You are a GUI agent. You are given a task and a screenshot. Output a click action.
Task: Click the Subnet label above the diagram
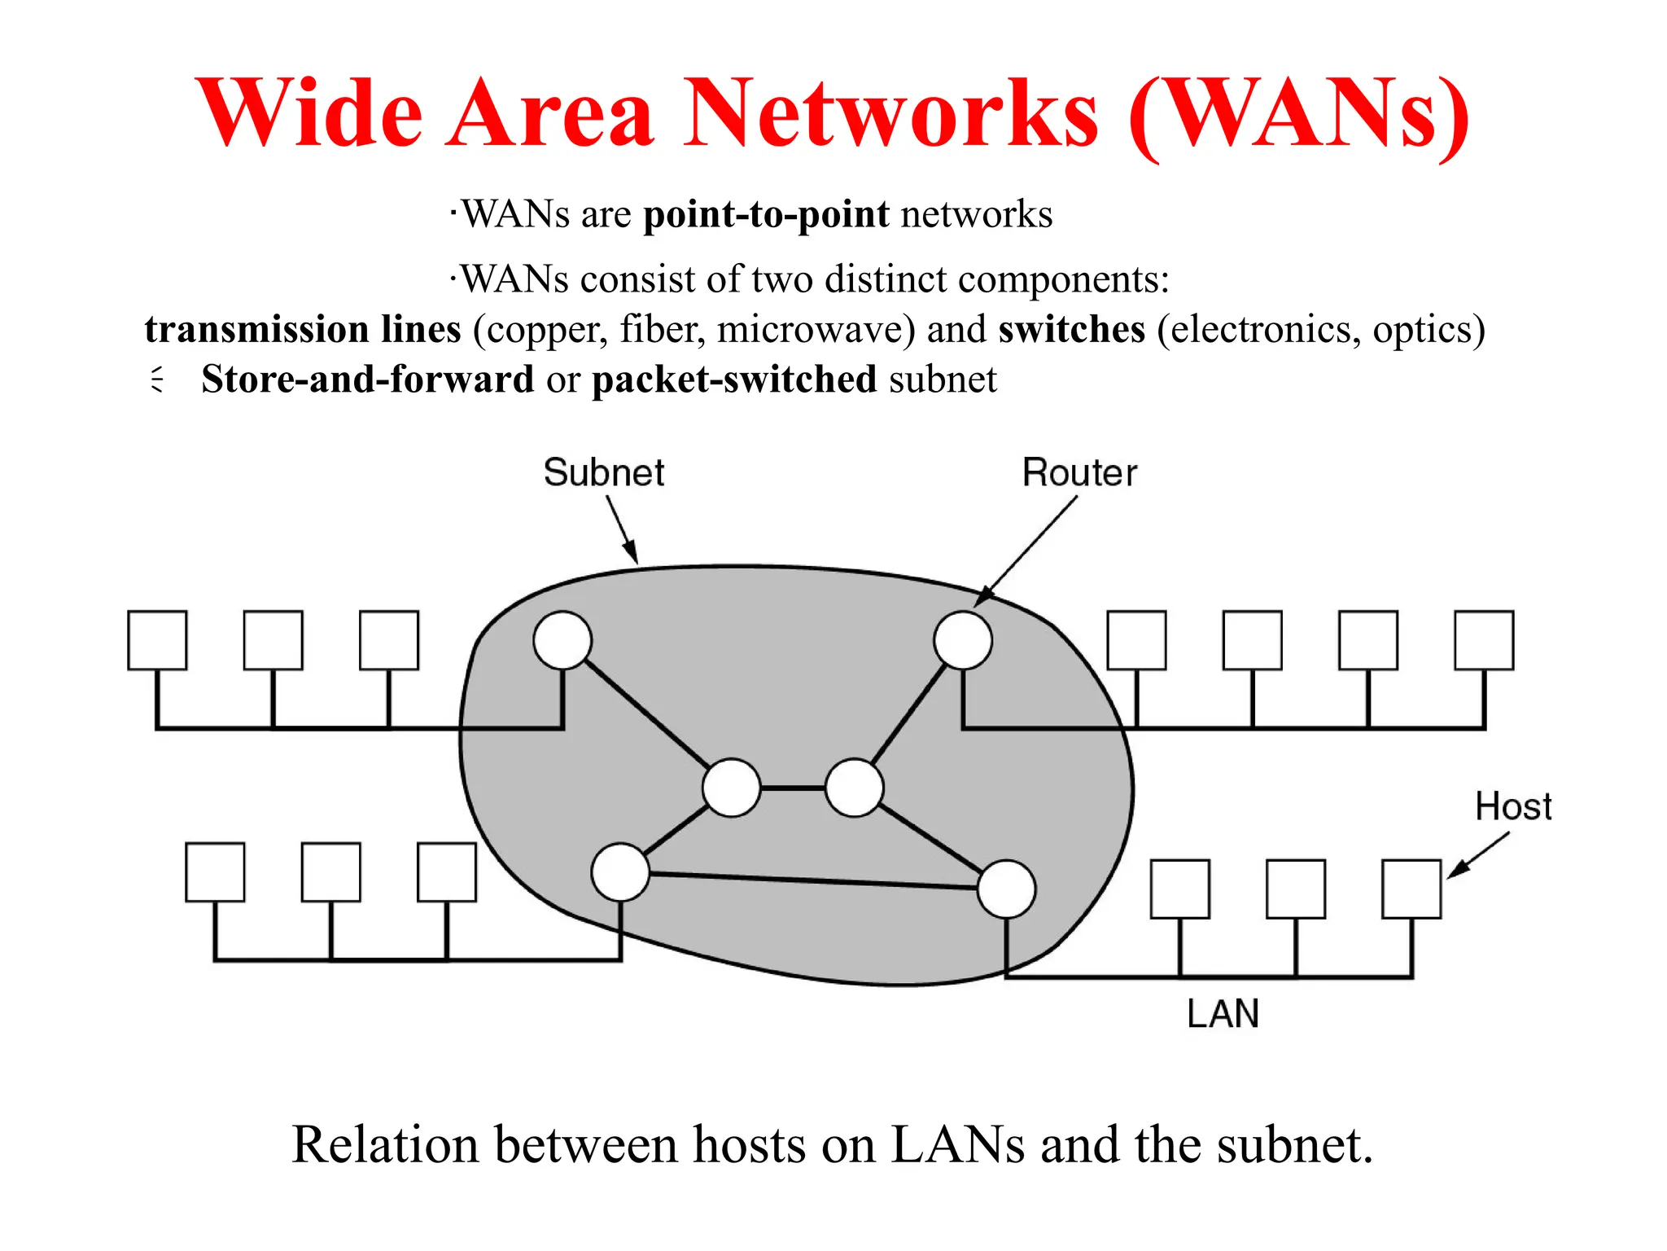point(603,472)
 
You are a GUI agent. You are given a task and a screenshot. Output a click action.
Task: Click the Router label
point(1079,472)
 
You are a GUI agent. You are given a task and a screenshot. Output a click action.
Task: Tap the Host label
point(1512,806)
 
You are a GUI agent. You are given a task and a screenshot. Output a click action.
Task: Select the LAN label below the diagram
point(1223,1014)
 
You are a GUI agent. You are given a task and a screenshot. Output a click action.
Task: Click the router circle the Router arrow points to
point(962,640)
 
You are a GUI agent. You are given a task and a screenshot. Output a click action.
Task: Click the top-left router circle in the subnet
point(562,640)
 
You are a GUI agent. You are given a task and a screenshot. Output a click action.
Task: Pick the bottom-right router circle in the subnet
point(1006,889)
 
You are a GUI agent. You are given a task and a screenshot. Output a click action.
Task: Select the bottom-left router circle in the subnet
point(620,871)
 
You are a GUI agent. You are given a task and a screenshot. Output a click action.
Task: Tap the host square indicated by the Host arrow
point(1411,889)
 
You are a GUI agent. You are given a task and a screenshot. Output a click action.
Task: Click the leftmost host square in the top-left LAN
point(157,640)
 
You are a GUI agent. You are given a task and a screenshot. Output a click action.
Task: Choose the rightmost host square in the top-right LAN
point(1484,640)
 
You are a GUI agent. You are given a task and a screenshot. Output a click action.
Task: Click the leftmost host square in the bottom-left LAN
point(215,871)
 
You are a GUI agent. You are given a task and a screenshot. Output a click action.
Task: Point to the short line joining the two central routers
point(793,788)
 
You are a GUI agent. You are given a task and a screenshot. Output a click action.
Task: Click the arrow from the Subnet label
point(622,529)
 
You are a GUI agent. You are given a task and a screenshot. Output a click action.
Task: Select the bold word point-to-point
point(766,214)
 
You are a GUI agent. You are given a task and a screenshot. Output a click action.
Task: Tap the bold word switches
point(1071,329)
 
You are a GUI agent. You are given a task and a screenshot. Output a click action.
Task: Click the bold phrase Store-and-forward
point(367,380)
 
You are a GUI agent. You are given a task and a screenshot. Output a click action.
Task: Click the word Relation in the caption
point(385,1144)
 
